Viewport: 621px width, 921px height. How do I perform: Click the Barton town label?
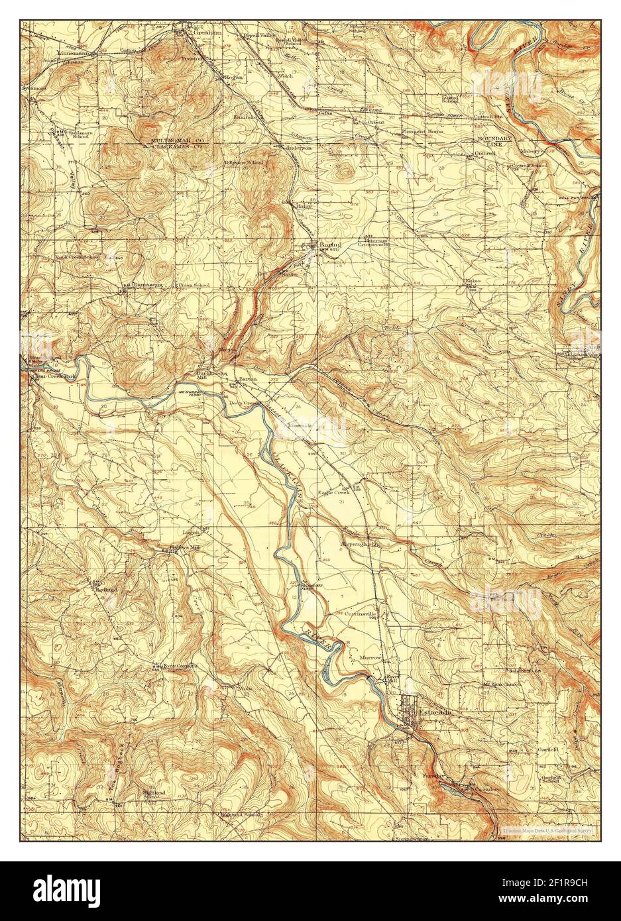[x=248, y=378]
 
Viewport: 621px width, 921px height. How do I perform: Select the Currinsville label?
[x=362, y=614]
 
